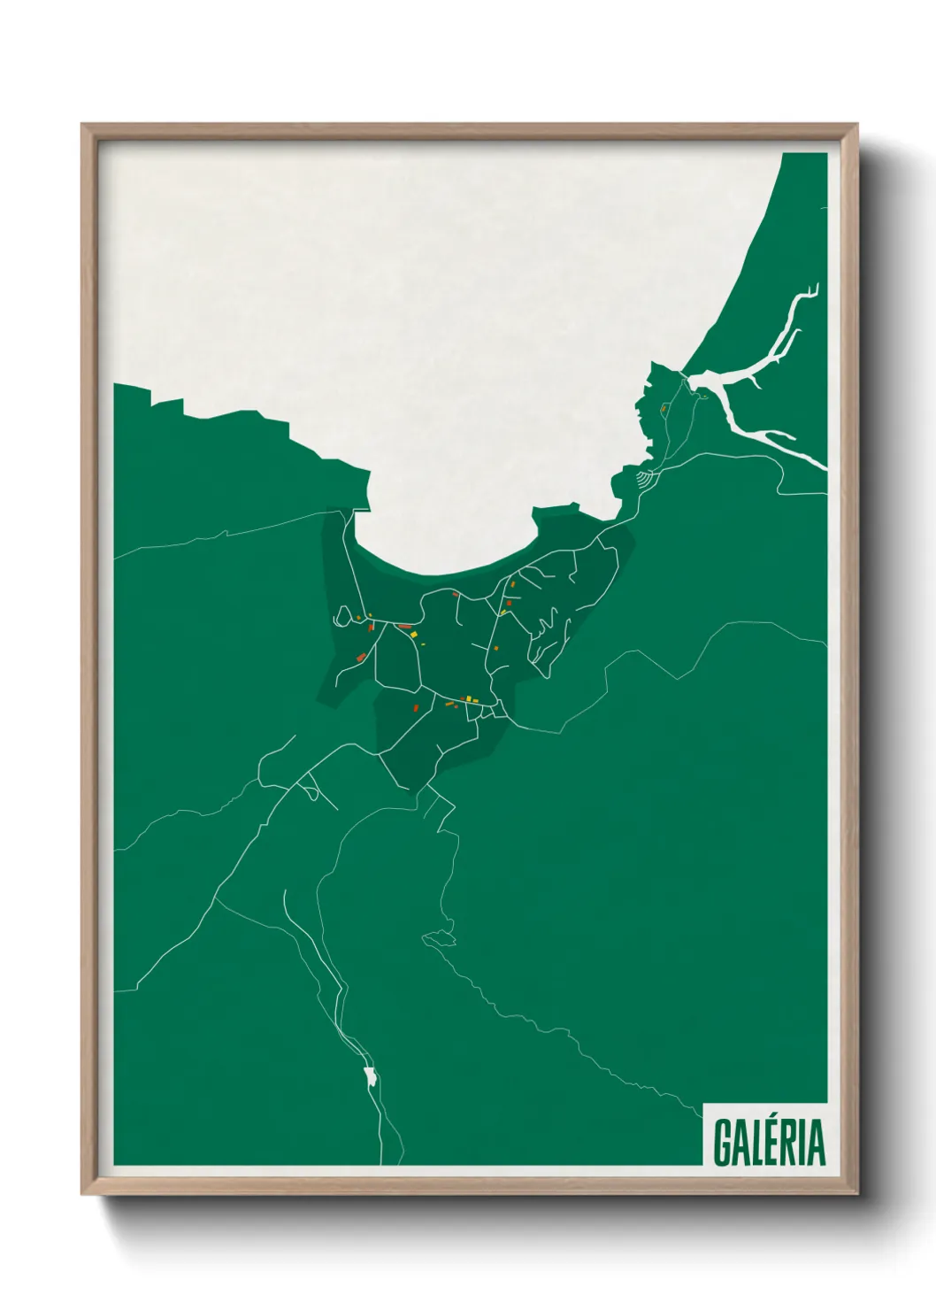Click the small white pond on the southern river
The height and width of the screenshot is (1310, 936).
(369, 1076)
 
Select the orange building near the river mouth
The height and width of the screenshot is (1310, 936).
(663, 408)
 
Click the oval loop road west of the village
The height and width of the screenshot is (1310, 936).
(341, 615)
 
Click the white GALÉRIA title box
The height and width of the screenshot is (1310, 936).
(765, 1135)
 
